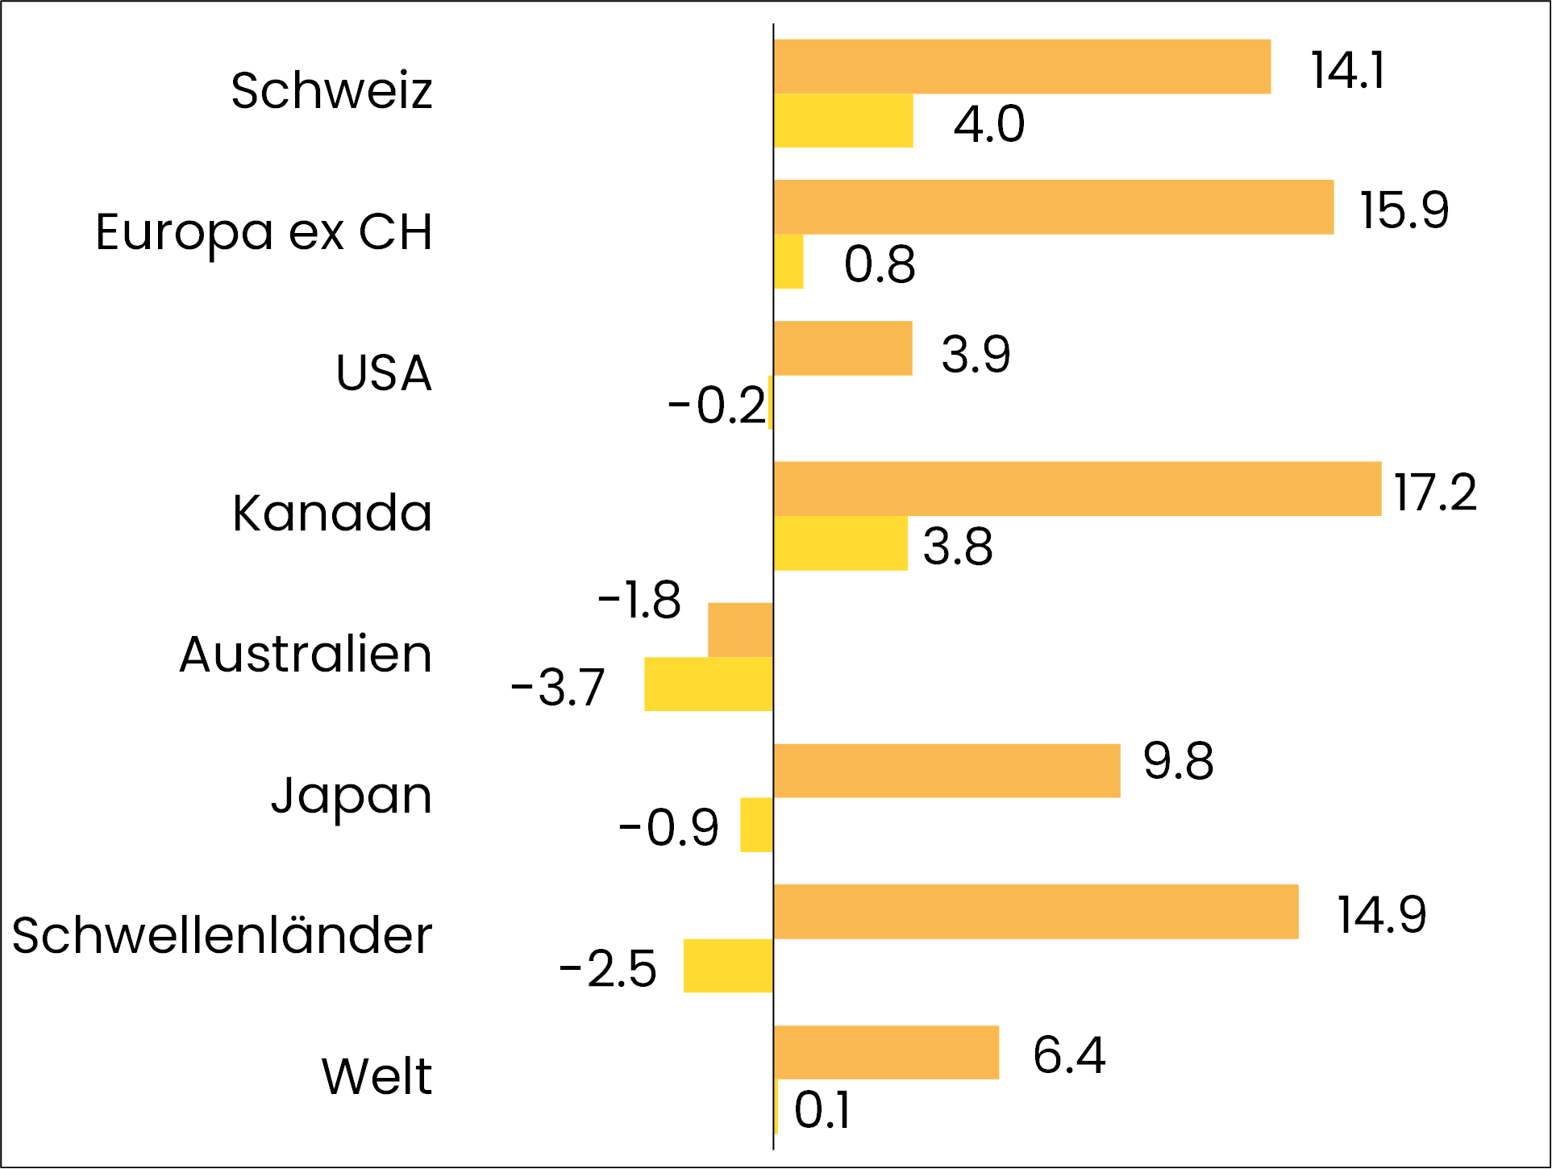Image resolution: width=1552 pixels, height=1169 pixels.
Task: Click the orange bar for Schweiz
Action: pos(1021,67)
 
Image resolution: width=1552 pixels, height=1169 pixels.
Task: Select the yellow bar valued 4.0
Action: pos(843,121)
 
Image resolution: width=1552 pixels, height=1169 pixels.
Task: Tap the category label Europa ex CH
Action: pos(264,232)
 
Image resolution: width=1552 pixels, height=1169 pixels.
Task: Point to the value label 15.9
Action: pos(1404,210)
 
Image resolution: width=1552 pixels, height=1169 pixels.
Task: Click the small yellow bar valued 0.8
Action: pos(788,262)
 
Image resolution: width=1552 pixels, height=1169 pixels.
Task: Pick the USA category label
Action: pos(384,373)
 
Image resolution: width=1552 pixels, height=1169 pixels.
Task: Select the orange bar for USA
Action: pos(843,348)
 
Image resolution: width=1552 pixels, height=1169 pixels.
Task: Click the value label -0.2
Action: pos(717,405)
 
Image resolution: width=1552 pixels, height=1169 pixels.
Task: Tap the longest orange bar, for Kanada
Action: pos(1077,489)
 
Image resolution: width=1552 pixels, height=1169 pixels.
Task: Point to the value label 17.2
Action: pos(1435,492)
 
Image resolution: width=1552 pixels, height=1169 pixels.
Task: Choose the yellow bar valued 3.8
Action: pos(840,543)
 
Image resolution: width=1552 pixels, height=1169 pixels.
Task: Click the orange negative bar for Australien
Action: pos(740,630)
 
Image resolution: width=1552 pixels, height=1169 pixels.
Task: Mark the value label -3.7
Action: pos(558,688)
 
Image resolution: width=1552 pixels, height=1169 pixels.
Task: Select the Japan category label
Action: pos(352,796)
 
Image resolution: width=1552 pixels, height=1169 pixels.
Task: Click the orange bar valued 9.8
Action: pos(947,771)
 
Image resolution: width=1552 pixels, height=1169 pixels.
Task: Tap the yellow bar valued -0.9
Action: pos(756,825)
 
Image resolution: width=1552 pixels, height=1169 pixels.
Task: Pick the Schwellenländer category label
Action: pos(222,936)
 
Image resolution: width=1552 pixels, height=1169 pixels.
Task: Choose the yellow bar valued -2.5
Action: pos(728,966)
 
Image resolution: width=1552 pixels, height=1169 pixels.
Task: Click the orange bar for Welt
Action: pos(886,1052)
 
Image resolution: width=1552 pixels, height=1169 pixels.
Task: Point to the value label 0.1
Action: pos(822,1110)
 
